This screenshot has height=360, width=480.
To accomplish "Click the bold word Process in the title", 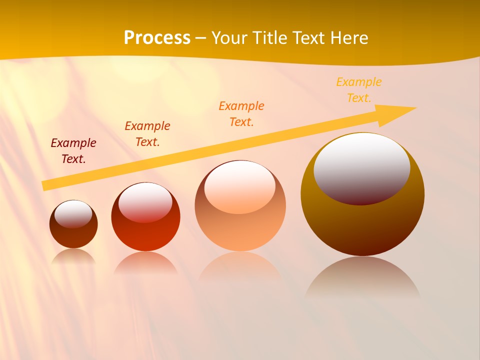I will coord(157,38).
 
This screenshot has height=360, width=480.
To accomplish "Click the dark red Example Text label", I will coord(73,151).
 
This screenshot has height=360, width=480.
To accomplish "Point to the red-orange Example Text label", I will coord(147,134).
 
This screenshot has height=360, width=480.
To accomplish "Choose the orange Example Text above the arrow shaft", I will coord(241,114).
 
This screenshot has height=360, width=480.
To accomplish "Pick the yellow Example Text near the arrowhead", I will coord(359,90).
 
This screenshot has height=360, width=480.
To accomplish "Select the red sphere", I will coord(145,235).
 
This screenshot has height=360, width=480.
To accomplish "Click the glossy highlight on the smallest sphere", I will coord(73,214).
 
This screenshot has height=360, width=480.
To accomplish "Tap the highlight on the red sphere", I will coord(145,202).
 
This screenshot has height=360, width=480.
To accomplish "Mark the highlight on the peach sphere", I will coord(240,186).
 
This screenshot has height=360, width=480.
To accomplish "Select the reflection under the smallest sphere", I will coord(73,256).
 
